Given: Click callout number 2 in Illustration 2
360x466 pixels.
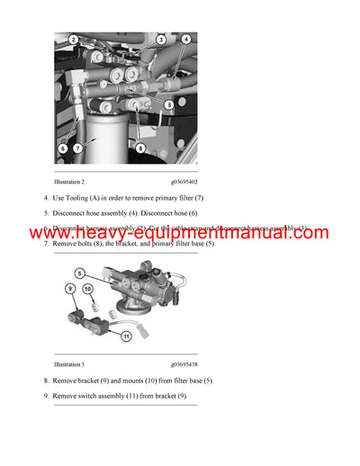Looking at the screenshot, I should pyautogui.click(x=74, y=40).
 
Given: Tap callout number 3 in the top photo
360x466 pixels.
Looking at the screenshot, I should pyautogui.click(x=160, y=40).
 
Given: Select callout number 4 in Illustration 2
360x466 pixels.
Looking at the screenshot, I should pyautogui.click(x=185, y=39).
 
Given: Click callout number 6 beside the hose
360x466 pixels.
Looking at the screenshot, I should pyautogui.click(x=63, y=147).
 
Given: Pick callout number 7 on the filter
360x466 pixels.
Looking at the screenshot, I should pyautogui.click(x=78, y=147).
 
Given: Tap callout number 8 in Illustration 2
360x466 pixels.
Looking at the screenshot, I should pyautogui.click(x=140, y=147).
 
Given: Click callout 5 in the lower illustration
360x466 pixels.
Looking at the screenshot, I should pyautogui.click(x=80, y=273).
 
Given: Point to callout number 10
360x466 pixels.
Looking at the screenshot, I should pyautogui.click(x=87, y=288).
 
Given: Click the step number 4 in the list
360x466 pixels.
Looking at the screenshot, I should pyautogui.click(x=46, y=197).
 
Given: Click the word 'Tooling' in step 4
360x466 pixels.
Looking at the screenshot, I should pyautogui.click(x=74, y=197).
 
